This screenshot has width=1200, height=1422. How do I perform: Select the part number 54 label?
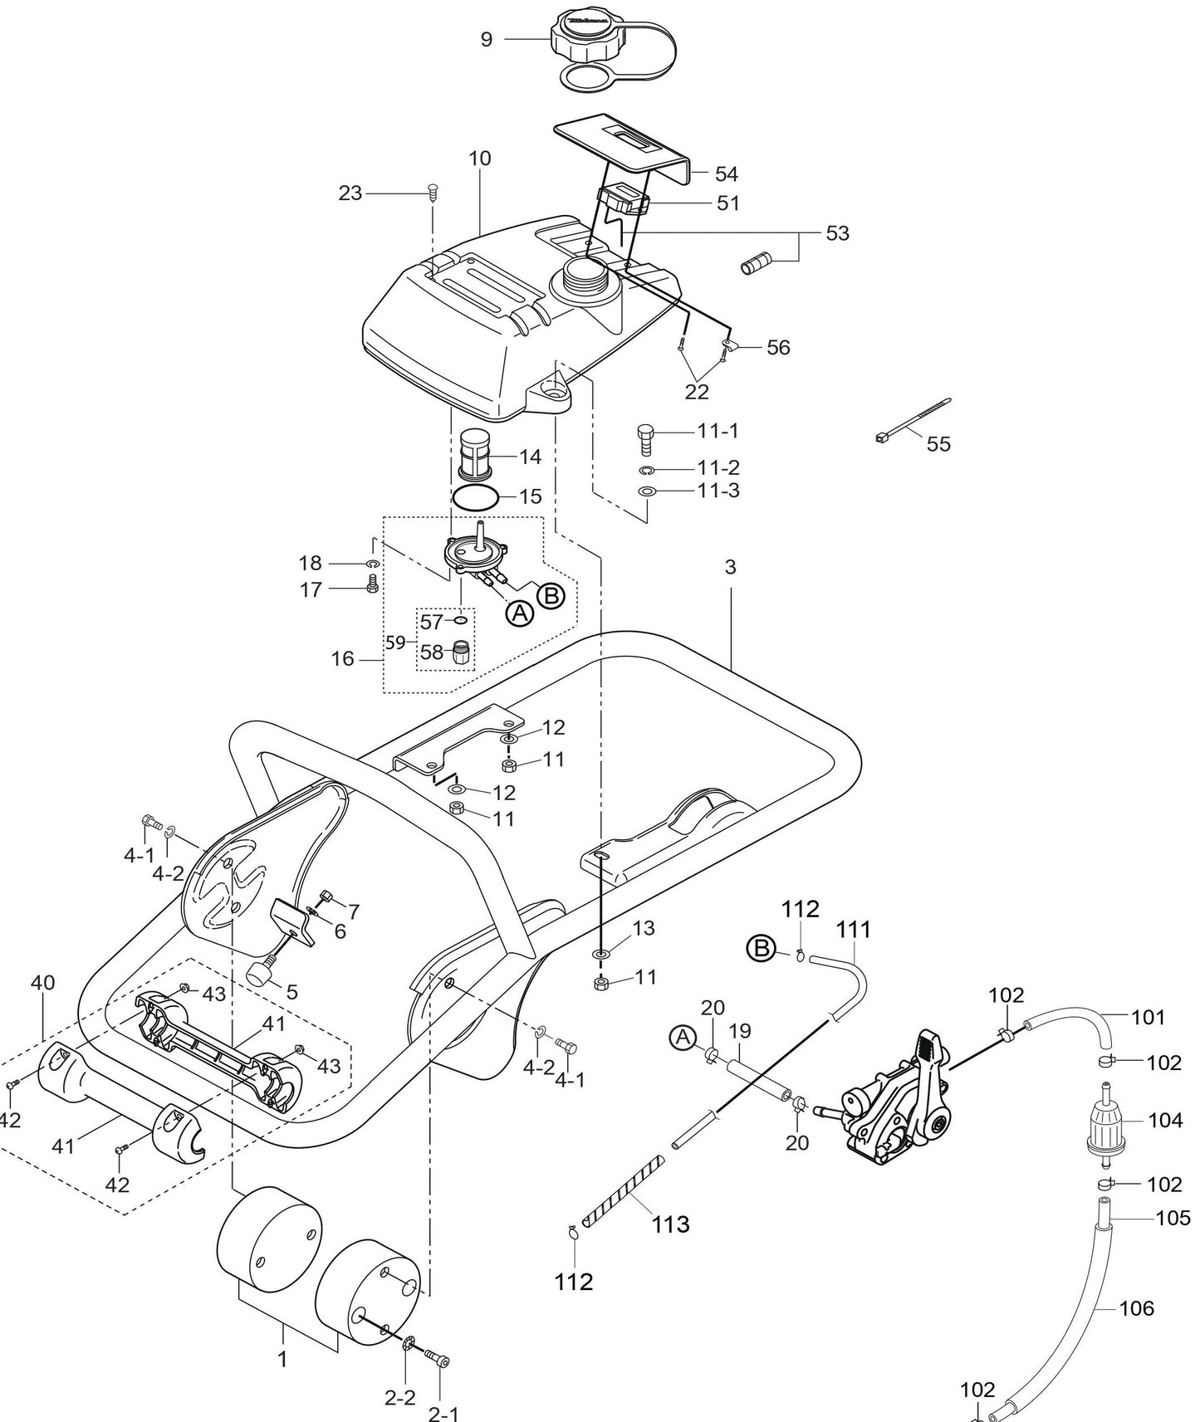(726, 173)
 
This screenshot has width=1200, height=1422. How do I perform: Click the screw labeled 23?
(432, 193)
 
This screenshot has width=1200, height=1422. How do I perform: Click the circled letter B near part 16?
(551, 595)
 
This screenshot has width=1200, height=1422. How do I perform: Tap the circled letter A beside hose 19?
(683, 1037)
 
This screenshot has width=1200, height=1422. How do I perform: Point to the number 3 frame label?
(730, 567)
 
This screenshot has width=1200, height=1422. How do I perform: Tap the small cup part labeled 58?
(462, 652)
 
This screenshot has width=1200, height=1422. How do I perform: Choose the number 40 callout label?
(42, 983)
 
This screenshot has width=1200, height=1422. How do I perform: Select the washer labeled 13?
(600, 953)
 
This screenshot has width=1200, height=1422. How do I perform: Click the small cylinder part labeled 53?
(756, 266)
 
